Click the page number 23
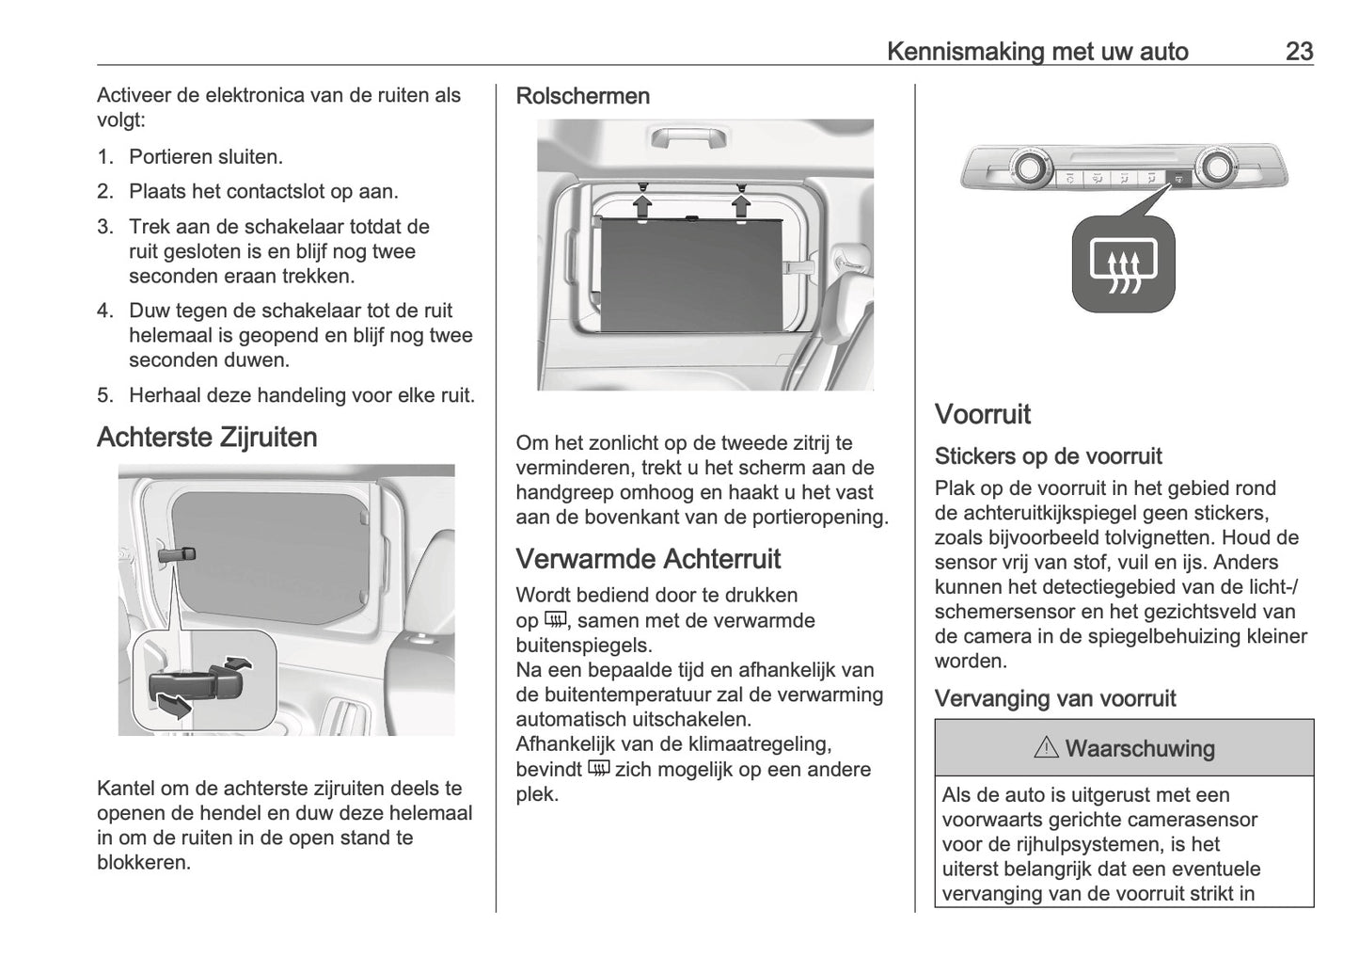[1298, 51]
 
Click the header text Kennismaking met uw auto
[1037, 51]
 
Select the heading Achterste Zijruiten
[207, 438]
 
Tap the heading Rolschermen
[582, 96]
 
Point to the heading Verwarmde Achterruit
[648, 559]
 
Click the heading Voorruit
[982, 414]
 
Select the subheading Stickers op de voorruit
[1048, 456]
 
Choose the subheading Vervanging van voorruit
[1054, 698]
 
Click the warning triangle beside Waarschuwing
[1046, 749]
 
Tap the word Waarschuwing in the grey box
[1140, 749]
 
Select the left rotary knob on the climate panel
[1025, 168]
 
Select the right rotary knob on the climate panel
[1216, 167]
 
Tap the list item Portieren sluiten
[205, 157]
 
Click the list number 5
[104, 395]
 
